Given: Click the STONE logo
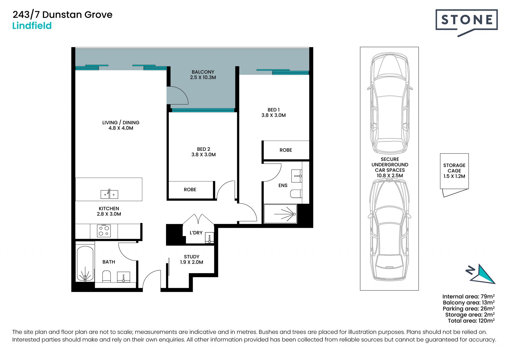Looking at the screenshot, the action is click(466, 23).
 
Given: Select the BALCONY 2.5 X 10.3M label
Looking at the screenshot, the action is click(203, 75).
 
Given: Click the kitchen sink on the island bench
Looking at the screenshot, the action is click(109, 194).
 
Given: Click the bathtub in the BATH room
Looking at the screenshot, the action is click(85, 263).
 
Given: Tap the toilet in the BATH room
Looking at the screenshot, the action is click(107, 276).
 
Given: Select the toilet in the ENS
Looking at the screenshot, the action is click(296, 194).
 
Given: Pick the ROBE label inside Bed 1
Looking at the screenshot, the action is click(286, 150).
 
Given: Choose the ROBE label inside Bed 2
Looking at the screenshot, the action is click(190, 190).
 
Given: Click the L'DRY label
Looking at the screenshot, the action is click(196, 233).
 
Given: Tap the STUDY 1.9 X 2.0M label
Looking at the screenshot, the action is click(192, 259).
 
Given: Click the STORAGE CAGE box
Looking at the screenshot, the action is click(454, 171).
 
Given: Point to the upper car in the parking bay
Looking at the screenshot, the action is click(390, 103).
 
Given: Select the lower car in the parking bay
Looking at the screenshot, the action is click(389, 230).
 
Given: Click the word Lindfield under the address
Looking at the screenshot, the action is click(32, 26).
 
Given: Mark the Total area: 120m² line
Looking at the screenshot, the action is click(471, 321).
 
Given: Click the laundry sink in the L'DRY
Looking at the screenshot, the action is click(210, 238).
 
